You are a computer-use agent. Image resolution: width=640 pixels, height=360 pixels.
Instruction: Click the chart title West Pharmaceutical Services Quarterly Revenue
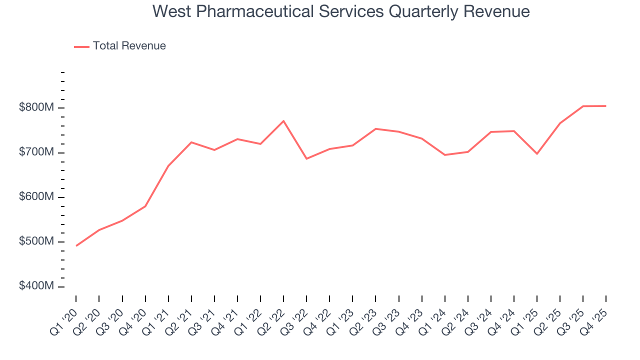click(x=341, y=11)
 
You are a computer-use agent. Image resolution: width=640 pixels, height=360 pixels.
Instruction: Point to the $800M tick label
click(x=37, y=108)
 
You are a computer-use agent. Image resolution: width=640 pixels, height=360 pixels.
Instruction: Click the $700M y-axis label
click(x=37, y=152)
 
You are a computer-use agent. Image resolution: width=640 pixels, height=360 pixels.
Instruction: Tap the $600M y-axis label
click(x=37, y=197)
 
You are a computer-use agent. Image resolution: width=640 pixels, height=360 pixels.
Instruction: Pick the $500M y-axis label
click(x=37, y=241)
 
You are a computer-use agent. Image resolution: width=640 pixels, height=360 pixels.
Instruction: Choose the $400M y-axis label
click(x=37, y=286)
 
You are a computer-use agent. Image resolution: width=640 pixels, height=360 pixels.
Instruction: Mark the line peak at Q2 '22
click(x=283, y=121)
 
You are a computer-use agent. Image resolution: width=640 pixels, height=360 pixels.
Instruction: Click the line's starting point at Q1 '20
click(x=76, y=245)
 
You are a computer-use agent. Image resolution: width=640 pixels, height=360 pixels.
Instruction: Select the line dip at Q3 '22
click(x=306, y=158)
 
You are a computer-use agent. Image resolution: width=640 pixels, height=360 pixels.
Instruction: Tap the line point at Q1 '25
click(x=537, y=153)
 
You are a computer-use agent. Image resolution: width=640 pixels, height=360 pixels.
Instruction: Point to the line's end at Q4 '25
click(x=606, y=106)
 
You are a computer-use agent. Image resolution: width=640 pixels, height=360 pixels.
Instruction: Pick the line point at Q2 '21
click(x=191, y=142)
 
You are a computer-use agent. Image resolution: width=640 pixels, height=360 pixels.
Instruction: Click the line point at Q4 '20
click(x=145, y=206)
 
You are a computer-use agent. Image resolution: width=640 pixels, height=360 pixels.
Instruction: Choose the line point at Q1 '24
click(x=444, y=155)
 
